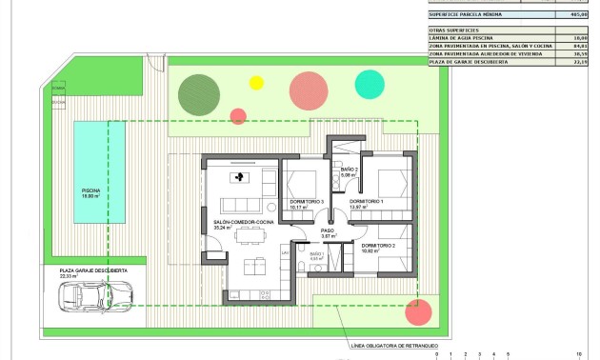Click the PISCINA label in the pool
tap(90, 190)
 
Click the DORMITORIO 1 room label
tap(366, 202)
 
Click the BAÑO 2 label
tap(349, 170)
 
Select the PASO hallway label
tap(327, 230)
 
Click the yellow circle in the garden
tap(255, 82)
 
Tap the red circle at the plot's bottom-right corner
tap(416, 312)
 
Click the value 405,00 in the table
tap(575, 15)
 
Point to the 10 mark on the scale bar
tap(579, 353)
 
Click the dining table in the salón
tap(250, 264)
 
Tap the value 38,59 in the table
tap(576, 54)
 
